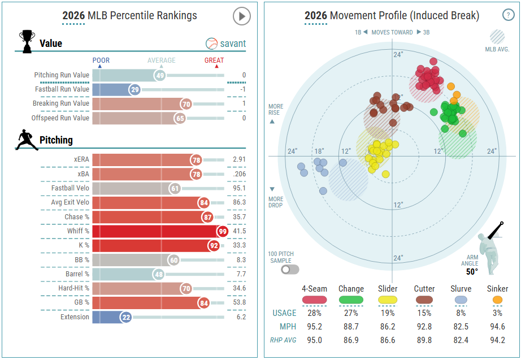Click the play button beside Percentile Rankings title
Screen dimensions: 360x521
241,16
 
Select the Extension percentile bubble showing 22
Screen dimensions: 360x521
126,318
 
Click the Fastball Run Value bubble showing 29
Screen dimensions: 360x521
134,89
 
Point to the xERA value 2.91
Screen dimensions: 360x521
239,159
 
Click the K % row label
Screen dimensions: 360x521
83,246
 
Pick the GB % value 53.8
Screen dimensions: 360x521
239,302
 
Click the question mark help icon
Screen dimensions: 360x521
507,16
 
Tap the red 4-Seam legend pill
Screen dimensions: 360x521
314,299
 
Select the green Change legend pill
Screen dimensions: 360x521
351,299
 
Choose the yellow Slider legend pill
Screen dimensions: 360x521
388,299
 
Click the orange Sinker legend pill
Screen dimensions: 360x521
497,299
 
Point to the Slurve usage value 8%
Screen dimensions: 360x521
461,313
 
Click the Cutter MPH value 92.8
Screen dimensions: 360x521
424,327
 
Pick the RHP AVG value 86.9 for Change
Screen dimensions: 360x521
351,340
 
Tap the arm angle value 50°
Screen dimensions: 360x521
472,271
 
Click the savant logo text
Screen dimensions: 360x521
233,44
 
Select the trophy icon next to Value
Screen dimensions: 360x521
27,41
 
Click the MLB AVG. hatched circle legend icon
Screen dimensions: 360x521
497,37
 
